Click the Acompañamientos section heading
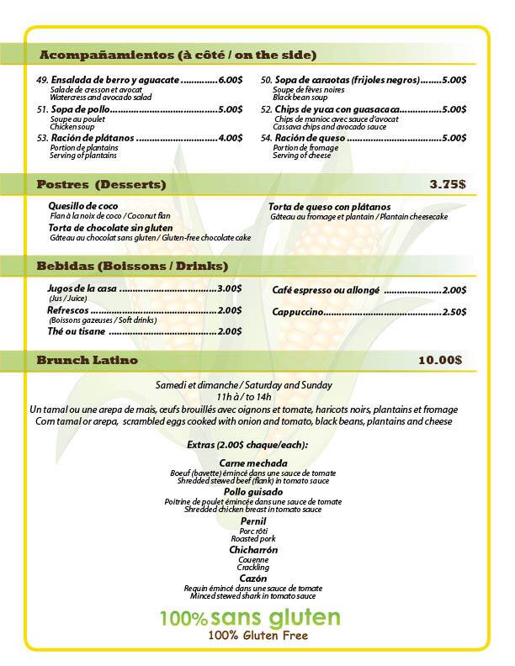178,55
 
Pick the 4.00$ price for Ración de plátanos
230,138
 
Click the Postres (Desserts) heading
101,184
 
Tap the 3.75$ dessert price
446,184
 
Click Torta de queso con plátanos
329,207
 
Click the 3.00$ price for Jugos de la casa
230,288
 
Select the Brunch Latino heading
88,360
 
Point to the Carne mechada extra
253,463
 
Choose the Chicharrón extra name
253,550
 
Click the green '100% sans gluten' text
251,619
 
